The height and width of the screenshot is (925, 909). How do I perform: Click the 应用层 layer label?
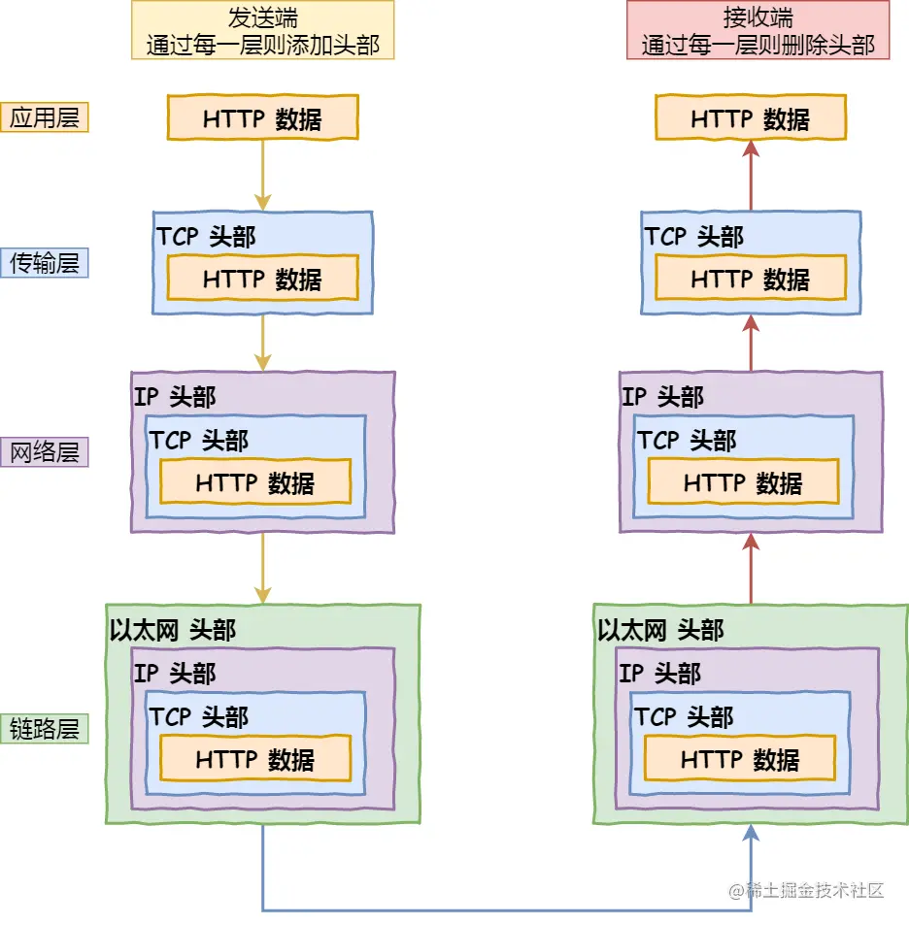click(x=45, y=117)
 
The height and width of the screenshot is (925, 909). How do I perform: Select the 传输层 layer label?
click(x=45, y=262)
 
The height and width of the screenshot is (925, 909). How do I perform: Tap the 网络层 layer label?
click(x=45, y=452)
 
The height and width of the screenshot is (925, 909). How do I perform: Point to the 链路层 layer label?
click(x=45, y=729)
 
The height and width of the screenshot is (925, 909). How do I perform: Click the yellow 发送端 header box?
click(x=263, y=31)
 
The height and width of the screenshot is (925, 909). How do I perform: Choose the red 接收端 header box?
click(x=757, y=31)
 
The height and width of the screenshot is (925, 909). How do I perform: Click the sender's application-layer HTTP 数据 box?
click(x=262, y=118)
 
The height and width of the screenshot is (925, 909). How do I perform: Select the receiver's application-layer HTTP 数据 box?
click(x=751, y=118)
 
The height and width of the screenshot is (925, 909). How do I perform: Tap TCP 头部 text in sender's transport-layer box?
click(x=206, y=237)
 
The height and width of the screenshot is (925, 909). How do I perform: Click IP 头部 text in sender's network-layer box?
click(x=175, y=396)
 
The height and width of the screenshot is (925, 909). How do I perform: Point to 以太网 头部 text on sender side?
click(x=173, y=630)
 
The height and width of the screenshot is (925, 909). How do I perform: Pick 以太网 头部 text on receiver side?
click(x=660, y=630)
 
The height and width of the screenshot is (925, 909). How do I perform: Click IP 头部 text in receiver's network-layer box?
click(x=662, y=396)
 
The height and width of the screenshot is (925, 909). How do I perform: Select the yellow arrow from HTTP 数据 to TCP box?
click(x=262, y=175)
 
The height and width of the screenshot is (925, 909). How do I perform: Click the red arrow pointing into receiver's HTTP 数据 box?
click(x=751, y=175)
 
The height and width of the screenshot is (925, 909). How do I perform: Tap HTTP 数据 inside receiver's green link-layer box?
click(x=740, y=760)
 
